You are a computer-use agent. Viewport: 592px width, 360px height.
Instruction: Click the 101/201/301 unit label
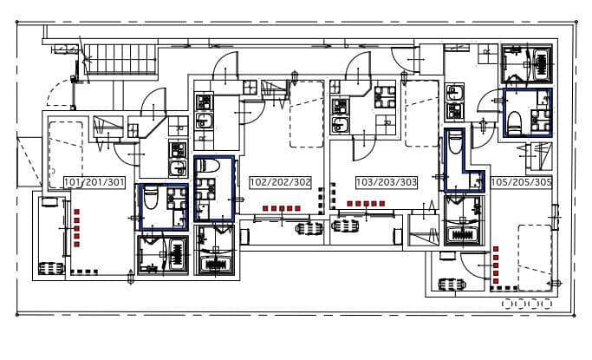[94, 182]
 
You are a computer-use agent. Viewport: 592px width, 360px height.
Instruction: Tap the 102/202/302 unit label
[281, 182]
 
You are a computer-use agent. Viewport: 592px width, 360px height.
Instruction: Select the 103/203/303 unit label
[387, 182]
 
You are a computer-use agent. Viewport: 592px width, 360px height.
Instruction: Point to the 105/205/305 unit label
[522, 182]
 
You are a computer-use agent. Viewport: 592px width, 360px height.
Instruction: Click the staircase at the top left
[120, 59]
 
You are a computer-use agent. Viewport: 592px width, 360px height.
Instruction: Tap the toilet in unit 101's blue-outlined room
[151, 197]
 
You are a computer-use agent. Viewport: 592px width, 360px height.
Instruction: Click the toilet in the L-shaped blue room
[455, 141]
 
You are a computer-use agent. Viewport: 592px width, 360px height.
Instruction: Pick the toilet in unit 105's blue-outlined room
[515, 122]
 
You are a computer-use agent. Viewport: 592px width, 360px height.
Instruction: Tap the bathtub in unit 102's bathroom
[216, 264]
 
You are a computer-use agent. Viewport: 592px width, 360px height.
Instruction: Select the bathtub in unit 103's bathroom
[463, 234]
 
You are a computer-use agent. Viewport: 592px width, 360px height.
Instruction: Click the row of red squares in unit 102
[282, 208]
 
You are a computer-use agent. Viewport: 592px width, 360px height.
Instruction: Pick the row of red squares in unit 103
[366, 204]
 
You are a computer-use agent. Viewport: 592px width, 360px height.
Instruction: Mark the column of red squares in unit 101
[77, 228]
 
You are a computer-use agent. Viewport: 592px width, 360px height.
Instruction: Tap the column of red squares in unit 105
[496, 265]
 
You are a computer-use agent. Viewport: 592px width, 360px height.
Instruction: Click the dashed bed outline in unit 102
[307, 115]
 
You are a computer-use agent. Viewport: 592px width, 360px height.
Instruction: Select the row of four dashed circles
[527, 304]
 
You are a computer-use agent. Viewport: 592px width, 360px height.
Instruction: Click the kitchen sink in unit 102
[204, 121]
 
